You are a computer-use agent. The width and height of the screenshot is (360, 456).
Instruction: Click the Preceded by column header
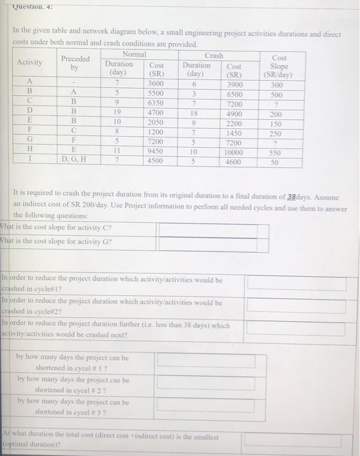pyautogui.click(x=75, y=63)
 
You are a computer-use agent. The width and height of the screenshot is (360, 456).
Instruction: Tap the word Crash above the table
pyautogui.click(x=214, y=56)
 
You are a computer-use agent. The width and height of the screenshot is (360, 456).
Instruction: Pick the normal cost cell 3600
pyautogui.click(x=156, y=83)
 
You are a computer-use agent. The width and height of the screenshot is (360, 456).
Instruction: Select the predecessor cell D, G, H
pyautogui.click(x=75, y=160)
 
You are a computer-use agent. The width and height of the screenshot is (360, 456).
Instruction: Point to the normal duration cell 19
pyautogui.click(x=118, y=113)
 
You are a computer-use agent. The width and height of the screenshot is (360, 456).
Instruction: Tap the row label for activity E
pyautogui.click(x=30, y=122)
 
